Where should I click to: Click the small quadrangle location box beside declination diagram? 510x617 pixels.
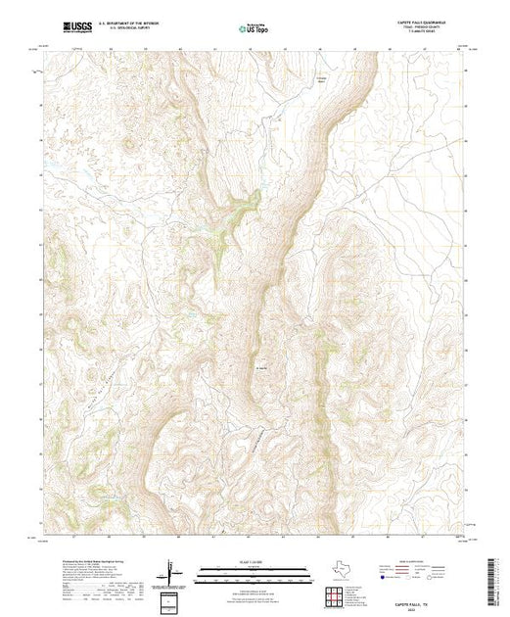point(170,599)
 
